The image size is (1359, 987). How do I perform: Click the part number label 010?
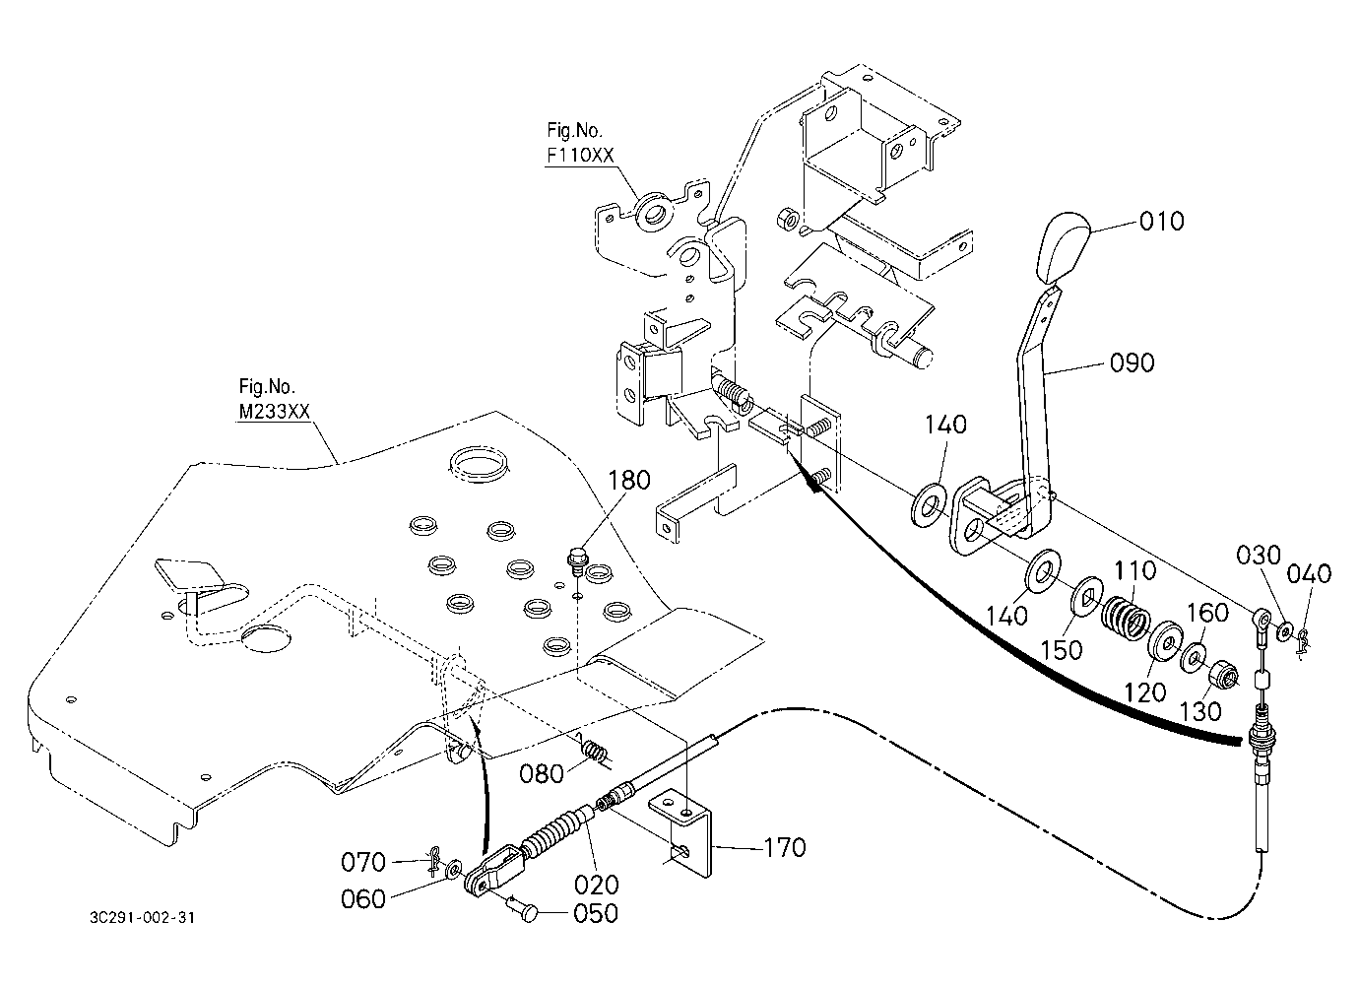click(x=1161, y=222)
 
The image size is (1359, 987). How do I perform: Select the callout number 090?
click(x=1132, y=363)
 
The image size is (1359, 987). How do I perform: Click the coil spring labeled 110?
click(x=1126, y=619)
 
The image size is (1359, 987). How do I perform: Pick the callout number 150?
click(x=1062, y=650)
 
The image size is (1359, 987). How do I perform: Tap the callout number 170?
click(x=785, y=848)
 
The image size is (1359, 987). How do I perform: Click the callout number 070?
click(x=362, y=862)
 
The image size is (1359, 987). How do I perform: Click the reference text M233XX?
click(x=274, y=412)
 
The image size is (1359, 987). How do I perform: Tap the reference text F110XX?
click(x=581, y=156)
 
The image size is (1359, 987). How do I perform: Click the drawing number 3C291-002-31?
click(x=143, y=917)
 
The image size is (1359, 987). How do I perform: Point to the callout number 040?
click(x=1309, y=573)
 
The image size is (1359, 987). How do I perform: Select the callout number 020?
click(x=597, y=885)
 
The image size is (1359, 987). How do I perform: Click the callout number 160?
click(x=1206, y=613)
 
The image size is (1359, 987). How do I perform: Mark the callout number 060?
click(x=362, y=899)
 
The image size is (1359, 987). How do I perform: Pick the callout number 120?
click(x=1145, y=692)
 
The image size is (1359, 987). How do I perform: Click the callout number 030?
click(x=1259, y=556)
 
